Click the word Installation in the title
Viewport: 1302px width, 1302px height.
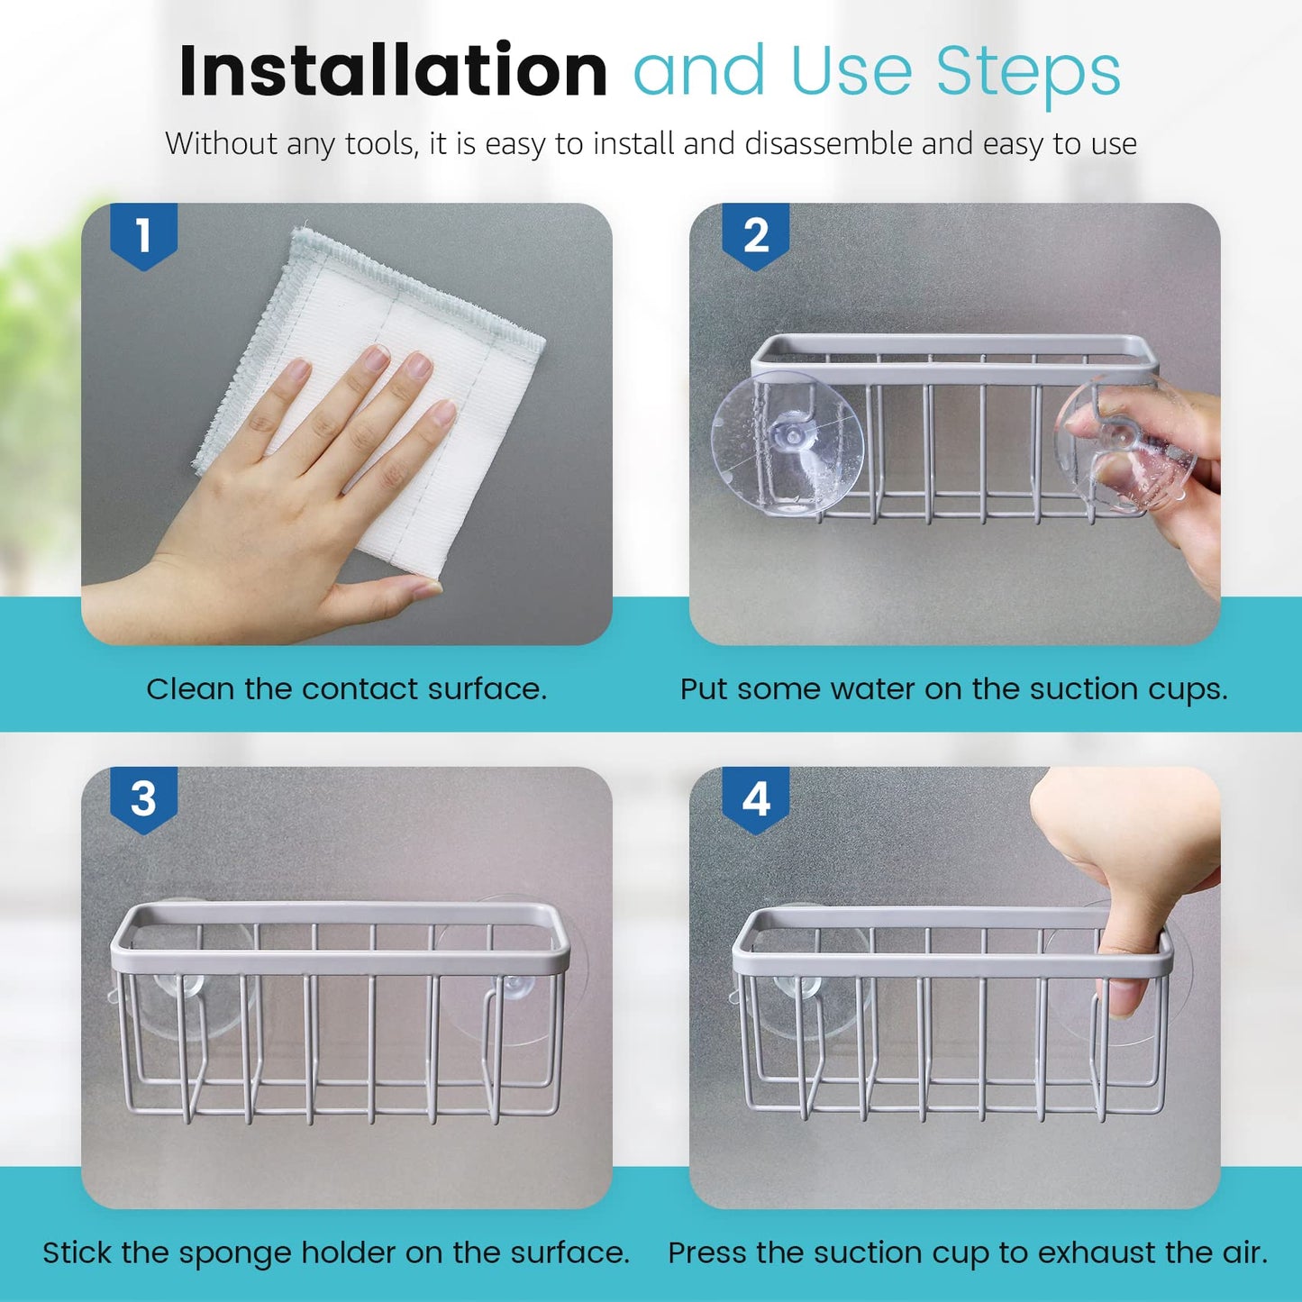393,71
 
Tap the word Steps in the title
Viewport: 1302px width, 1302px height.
1028,72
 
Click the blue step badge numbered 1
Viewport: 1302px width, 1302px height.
143,236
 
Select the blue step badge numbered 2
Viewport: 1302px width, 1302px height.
756,236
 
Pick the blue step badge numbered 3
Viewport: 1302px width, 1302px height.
143,799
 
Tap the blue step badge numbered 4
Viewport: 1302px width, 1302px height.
756,799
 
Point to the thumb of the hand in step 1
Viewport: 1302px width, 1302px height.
387,595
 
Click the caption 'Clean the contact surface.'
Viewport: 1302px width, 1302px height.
346,689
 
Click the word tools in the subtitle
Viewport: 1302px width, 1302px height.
381,144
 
